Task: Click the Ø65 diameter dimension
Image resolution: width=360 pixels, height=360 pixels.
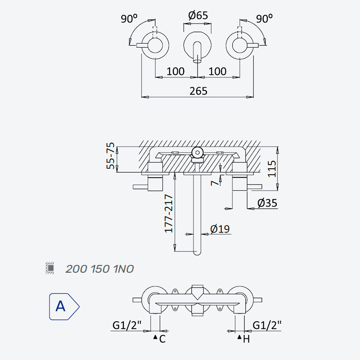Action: tap(198, 16)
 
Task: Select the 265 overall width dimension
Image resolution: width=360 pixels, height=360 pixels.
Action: tap(198, 91)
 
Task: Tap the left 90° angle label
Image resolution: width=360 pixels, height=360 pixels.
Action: tap(129, 18)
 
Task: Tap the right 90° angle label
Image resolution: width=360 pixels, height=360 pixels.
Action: tap(264, 18)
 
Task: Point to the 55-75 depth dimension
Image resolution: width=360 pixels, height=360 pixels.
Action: tap(110, 156)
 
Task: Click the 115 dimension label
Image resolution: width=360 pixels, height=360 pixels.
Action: tap(272, 169)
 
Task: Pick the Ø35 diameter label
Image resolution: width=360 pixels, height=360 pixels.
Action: tap(267, 203)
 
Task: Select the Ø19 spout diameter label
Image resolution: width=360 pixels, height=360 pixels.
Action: tap(220, 229)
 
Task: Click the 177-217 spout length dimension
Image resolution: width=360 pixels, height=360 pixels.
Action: tap(169, 213)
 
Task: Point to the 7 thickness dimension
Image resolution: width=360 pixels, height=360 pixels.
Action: tap(215, 183)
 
